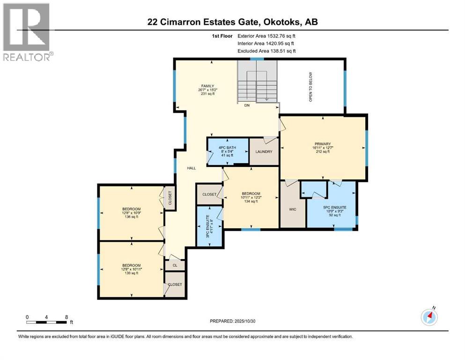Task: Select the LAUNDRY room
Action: coord(264,151)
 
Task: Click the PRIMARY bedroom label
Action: coord(323,144)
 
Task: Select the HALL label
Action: coord(192,168)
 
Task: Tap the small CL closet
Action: coord(174,265)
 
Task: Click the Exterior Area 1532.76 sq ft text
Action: coord(266,36)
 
